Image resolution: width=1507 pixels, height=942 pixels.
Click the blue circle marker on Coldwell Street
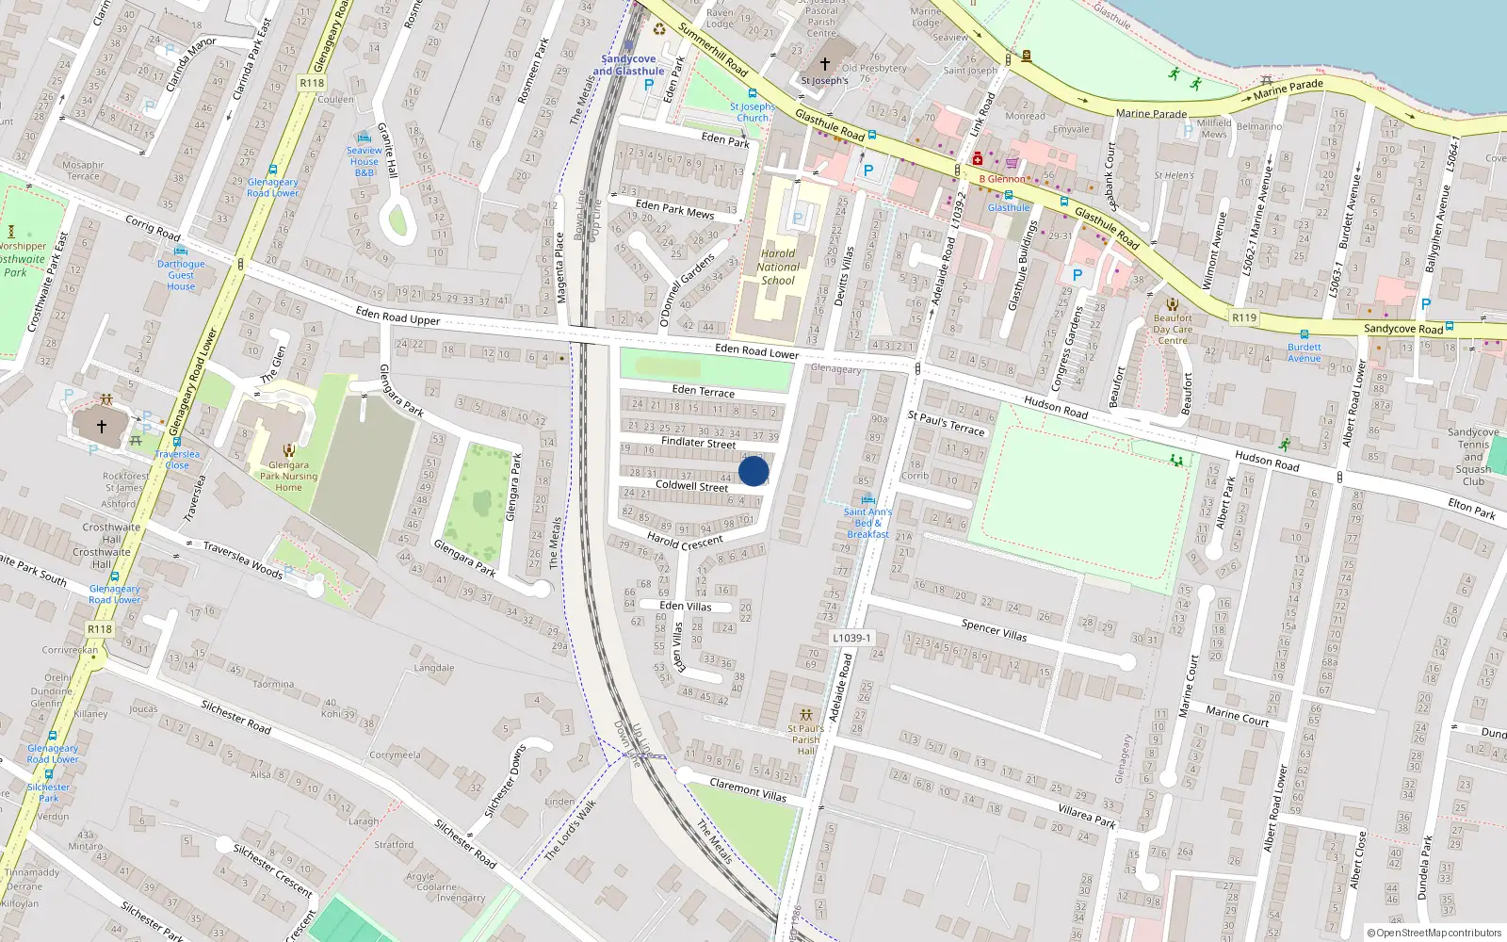coord(753,471)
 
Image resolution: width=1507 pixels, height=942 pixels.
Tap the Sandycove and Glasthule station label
coord(628,65)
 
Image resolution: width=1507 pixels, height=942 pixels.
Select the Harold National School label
coord(778,267)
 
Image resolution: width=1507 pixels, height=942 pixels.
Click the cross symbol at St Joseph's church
coord(825,64)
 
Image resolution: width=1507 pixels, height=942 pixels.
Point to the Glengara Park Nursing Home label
coord(288,476)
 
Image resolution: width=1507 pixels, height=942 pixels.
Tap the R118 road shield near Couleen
coord(312,83)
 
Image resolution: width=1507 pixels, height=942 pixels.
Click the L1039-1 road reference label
coord(851,638)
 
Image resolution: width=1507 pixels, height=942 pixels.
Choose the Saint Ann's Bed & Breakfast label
coord(867,524)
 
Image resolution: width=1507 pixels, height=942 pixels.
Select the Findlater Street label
coord(698,442)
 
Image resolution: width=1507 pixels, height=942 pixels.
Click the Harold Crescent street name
coord(685,541)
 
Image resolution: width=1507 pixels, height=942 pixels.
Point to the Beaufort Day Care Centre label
coord(1173,329)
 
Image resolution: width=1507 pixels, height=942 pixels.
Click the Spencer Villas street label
coord(994,630)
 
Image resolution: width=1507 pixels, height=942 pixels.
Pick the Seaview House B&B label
coord(365,161)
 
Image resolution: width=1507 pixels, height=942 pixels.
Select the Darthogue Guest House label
coord(181,275)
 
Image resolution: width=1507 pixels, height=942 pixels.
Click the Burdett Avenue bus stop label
coord(1304,352)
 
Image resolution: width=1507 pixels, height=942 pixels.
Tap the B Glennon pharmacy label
coord(1002,179)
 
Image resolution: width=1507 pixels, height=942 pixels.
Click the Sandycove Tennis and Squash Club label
coord(1473,457)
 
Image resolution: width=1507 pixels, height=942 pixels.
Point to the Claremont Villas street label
coord(748,789)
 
